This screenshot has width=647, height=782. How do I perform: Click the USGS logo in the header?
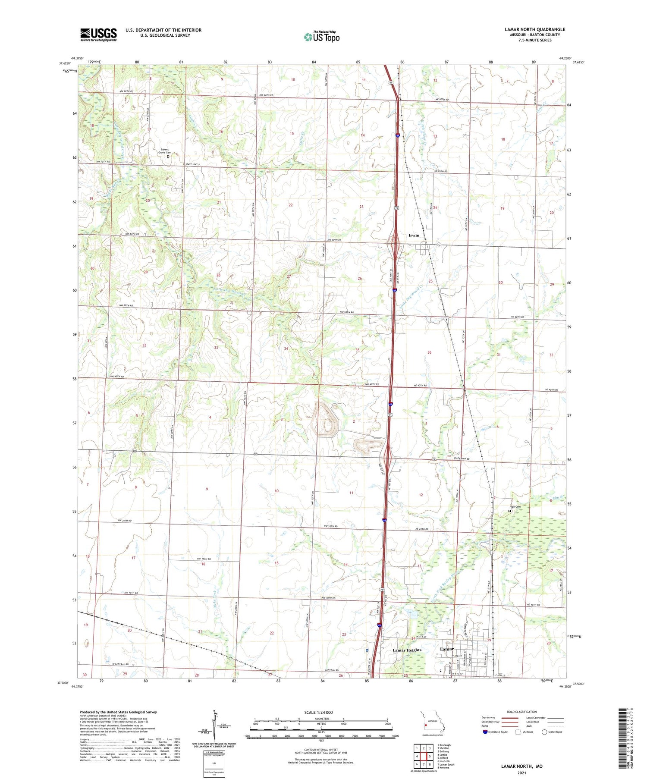(98, 35)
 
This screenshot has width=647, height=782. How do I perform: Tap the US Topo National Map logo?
(322, 37)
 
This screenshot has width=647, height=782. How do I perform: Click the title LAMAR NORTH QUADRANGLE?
(534, 29)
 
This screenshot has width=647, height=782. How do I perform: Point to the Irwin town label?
(414, 235)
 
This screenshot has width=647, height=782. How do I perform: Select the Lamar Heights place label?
(407, 650)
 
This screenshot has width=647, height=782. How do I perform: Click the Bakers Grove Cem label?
(164, 151)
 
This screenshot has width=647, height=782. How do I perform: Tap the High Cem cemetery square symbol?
(509, 511)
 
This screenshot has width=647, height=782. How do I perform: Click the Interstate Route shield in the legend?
(485, 732)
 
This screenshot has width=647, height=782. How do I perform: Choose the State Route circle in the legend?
(544, 732)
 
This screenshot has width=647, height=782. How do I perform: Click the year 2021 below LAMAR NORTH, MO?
(521, 773)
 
